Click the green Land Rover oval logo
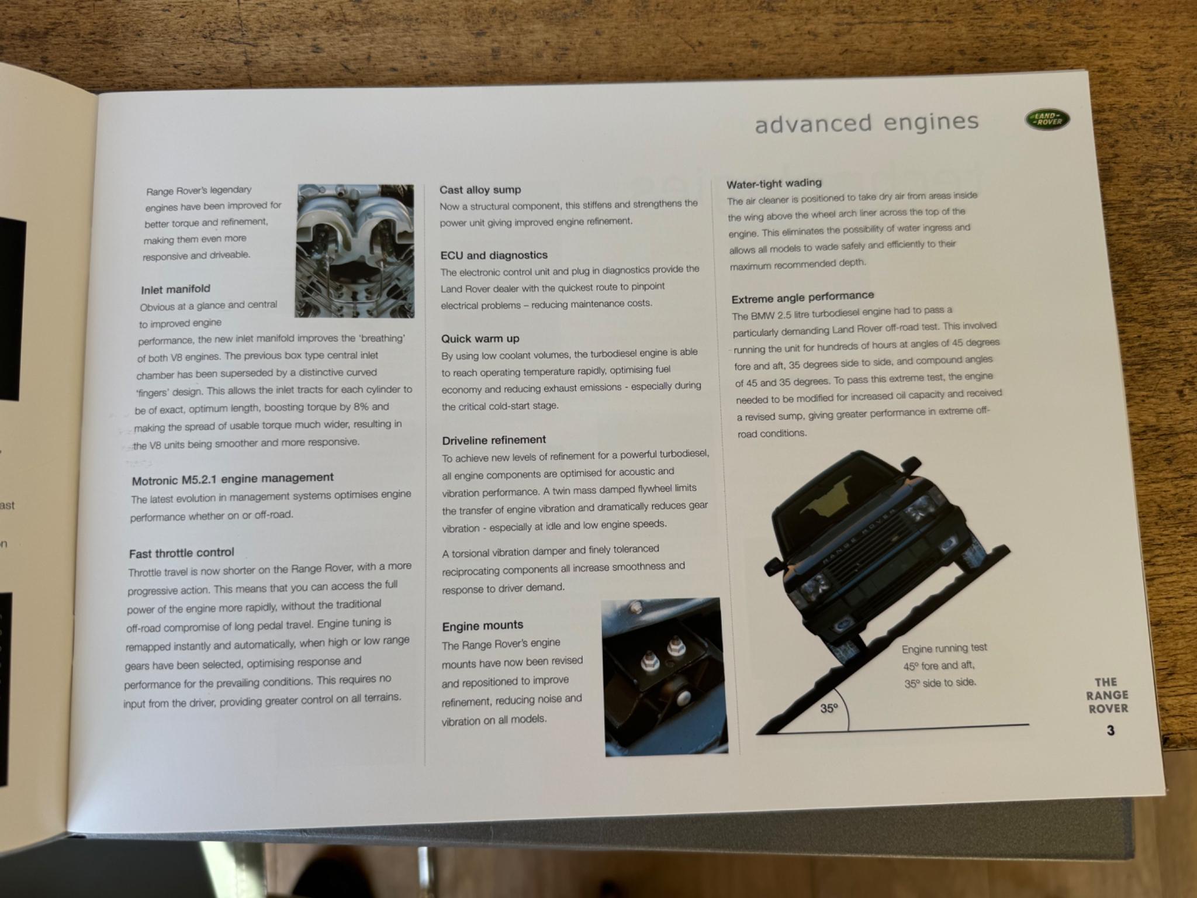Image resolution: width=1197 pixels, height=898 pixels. (1047, 119)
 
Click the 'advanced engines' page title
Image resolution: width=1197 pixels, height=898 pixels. (866, 122)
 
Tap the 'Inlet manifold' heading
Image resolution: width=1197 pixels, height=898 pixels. (175, 289)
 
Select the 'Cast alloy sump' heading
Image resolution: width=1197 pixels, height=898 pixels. (480, 189)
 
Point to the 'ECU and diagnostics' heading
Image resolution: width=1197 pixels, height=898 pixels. (494, 255)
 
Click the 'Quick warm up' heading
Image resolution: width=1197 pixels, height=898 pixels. (480, 339)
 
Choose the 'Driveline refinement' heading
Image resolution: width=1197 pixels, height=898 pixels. (494, 440)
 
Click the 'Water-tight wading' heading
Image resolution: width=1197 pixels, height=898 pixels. (774, 184)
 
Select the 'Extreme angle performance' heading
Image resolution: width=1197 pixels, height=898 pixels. (802, 297)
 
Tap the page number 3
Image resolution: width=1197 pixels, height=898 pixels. (1110, 730)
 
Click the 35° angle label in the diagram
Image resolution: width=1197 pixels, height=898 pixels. (829, 709)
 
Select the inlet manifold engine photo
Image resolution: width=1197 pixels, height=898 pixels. (355, 251)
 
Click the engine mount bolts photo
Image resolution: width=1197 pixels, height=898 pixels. (665, 676)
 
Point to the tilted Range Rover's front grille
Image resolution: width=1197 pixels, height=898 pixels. (859, 546)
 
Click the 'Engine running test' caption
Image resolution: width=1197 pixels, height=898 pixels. (944, 648)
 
